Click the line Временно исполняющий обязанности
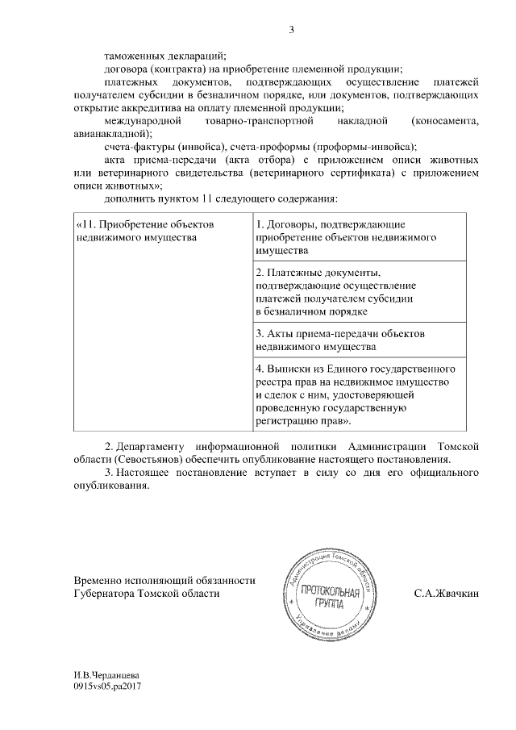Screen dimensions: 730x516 164,579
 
